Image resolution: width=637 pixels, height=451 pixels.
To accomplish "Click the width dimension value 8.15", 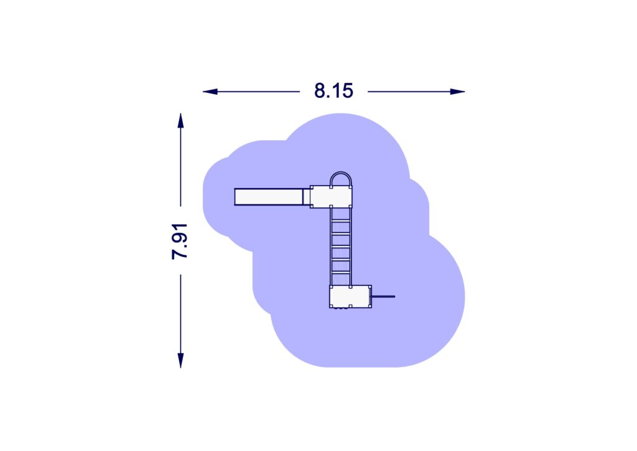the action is (333, 91).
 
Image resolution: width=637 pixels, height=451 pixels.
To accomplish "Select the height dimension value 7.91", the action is (179, 240).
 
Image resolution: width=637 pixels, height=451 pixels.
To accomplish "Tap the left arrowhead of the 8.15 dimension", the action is (210, 92).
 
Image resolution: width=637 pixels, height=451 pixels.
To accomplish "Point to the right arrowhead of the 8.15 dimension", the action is (457, 92).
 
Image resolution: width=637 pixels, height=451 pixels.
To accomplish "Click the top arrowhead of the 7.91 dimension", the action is (180, 121).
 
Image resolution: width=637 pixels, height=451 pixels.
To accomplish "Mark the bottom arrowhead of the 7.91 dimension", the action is (180, 360).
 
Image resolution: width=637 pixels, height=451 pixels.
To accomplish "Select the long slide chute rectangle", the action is (269, 197).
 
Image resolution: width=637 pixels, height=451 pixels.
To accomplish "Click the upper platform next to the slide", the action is (331, 197).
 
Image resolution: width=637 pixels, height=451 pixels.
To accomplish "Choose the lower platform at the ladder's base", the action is (350, 297).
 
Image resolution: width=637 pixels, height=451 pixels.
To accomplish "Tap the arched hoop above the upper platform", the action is (341, 173).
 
